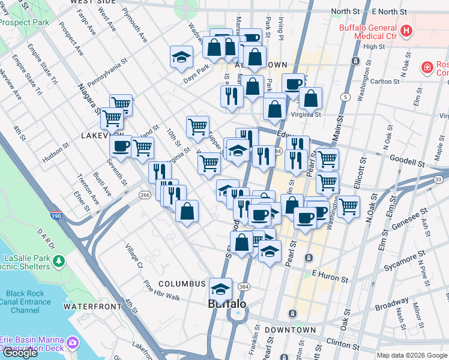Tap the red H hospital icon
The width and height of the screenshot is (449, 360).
[406, 30]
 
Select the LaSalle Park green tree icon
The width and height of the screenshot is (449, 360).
[58, 262]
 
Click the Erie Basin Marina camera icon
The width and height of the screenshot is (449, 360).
[73, 343]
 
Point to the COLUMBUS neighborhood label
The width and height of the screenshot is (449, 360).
[182, 283]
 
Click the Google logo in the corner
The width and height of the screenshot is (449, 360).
[20, 353]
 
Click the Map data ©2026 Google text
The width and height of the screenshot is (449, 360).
[411, 355]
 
